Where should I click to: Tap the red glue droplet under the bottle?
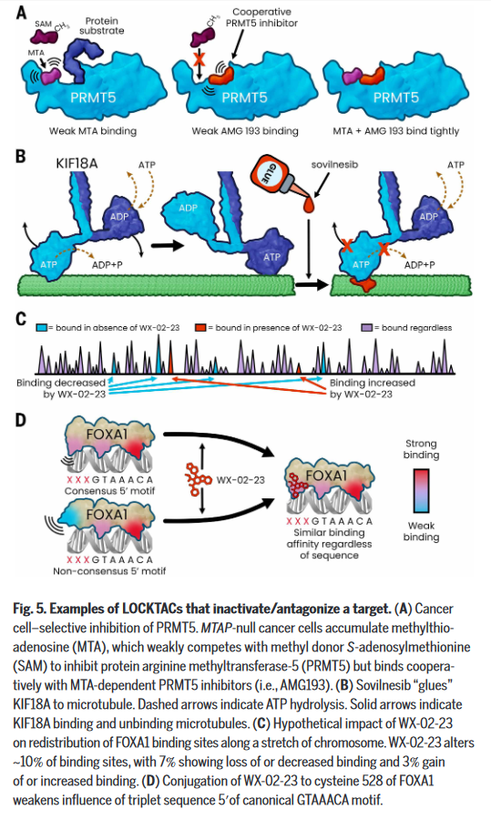309,204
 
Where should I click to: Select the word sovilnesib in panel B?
334,165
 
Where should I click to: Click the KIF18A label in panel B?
77,164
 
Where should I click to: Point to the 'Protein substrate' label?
101,26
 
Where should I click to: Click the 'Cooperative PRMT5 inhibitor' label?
261,17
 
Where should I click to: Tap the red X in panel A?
199,58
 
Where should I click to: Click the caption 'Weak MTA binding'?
93,131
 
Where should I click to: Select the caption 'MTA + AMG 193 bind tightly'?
396,131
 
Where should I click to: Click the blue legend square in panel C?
42,328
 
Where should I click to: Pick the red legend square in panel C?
200,328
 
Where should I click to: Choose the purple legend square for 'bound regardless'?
367,328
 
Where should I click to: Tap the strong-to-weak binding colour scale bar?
421,490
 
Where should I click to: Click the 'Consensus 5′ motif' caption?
109,491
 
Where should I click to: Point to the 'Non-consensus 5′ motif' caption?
109,571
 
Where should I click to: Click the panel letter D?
20,420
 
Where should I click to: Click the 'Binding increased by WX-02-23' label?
372,388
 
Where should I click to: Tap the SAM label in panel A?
44,24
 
